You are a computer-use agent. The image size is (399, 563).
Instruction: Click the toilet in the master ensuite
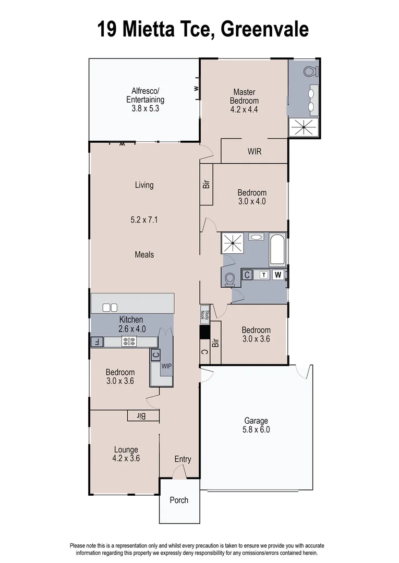[x=310, y=71]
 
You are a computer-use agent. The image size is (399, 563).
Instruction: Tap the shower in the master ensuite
[x=303, y=127]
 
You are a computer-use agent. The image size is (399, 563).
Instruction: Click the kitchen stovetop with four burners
[x=129, y=342]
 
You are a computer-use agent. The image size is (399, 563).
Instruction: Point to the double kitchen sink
[x=111, y=308]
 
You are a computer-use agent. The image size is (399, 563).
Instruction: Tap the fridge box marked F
[x=96, y=342]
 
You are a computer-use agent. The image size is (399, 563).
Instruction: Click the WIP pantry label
[x=166, y=366]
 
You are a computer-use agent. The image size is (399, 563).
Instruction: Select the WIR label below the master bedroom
[x=255, y=152]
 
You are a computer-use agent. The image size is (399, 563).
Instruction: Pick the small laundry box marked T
[x=264, y=275]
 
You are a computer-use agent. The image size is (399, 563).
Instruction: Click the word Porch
[x=179, y=500]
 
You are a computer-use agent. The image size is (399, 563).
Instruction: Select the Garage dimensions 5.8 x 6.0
[x=256, y=430]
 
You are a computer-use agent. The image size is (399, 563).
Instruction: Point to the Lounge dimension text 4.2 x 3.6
[x=126, y=459]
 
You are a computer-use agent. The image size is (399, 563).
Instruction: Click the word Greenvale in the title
[x=264, y=29]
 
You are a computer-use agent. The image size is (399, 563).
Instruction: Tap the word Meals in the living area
[x=144, y=254]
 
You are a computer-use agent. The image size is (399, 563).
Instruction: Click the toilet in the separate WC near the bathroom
[x=229, y=279]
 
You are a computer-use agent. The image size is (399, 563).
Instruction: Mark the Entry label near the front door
[x=183, y=459]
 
